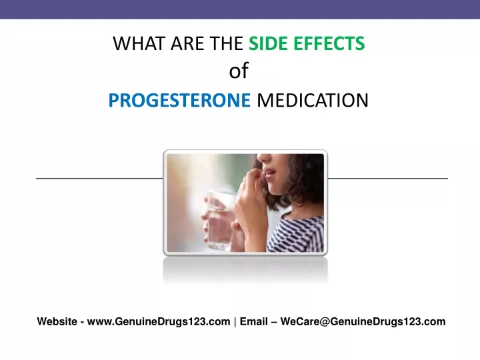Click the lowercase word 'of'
(239, 71)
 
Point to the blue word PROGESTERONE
(180, 100)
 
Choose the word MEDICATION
(313, 100)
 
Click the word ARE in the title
(187, 43)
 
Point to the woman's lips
(269, 173)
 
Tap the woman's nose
(264, 157)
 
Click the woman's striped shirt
(296, 235)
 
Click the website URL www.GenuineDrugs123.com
(159, 321)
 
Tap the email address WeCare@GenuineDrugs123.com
(363, 321)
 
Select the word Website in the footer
(57, 321)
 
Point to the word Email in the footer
(253, 321)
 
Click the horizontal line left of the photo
(99, 178)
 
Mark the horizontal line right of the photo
(388, 178)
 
